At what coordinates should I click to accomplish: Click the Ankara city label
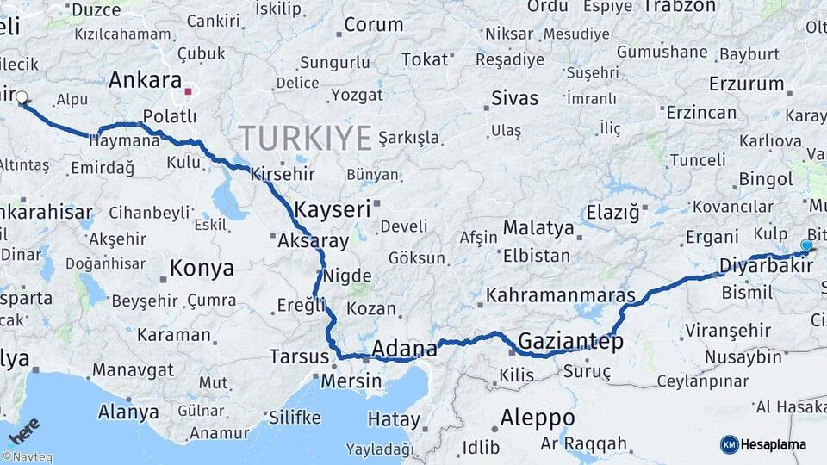(x=145, y=80)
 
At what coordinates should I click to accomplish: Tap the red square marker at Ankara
(x=188, y=90)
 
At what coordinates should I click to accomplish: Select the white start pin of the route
(x=22, y=98)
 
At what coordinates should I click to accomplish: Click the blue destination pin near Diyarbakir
(x=805, y=246)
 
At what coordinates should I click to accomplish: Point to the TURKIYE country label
(x=305, y=138)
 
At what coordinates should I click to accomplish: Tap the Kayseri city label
(x=332, y=208)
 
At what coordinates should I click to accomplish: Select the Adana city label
(x=404, y=349)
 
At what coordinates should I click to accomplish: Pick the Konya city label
(x=201, y=268)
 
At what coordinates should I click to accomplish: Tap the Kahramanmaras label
(x=561, y=295)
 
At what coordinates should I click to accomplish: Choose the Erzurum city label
(x=746, y=84)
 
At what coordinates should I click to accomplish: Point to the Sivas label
(x=514, y=98)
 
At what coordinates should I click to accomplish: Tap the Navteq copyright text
(x=27, y=457)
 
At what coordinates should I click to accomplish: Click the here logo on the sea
(x=24, y=431)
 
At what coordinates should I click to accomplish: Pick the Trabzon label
(x=679, y=7)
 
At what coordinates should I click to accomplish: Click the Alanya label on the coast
(x=128, y=412)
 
